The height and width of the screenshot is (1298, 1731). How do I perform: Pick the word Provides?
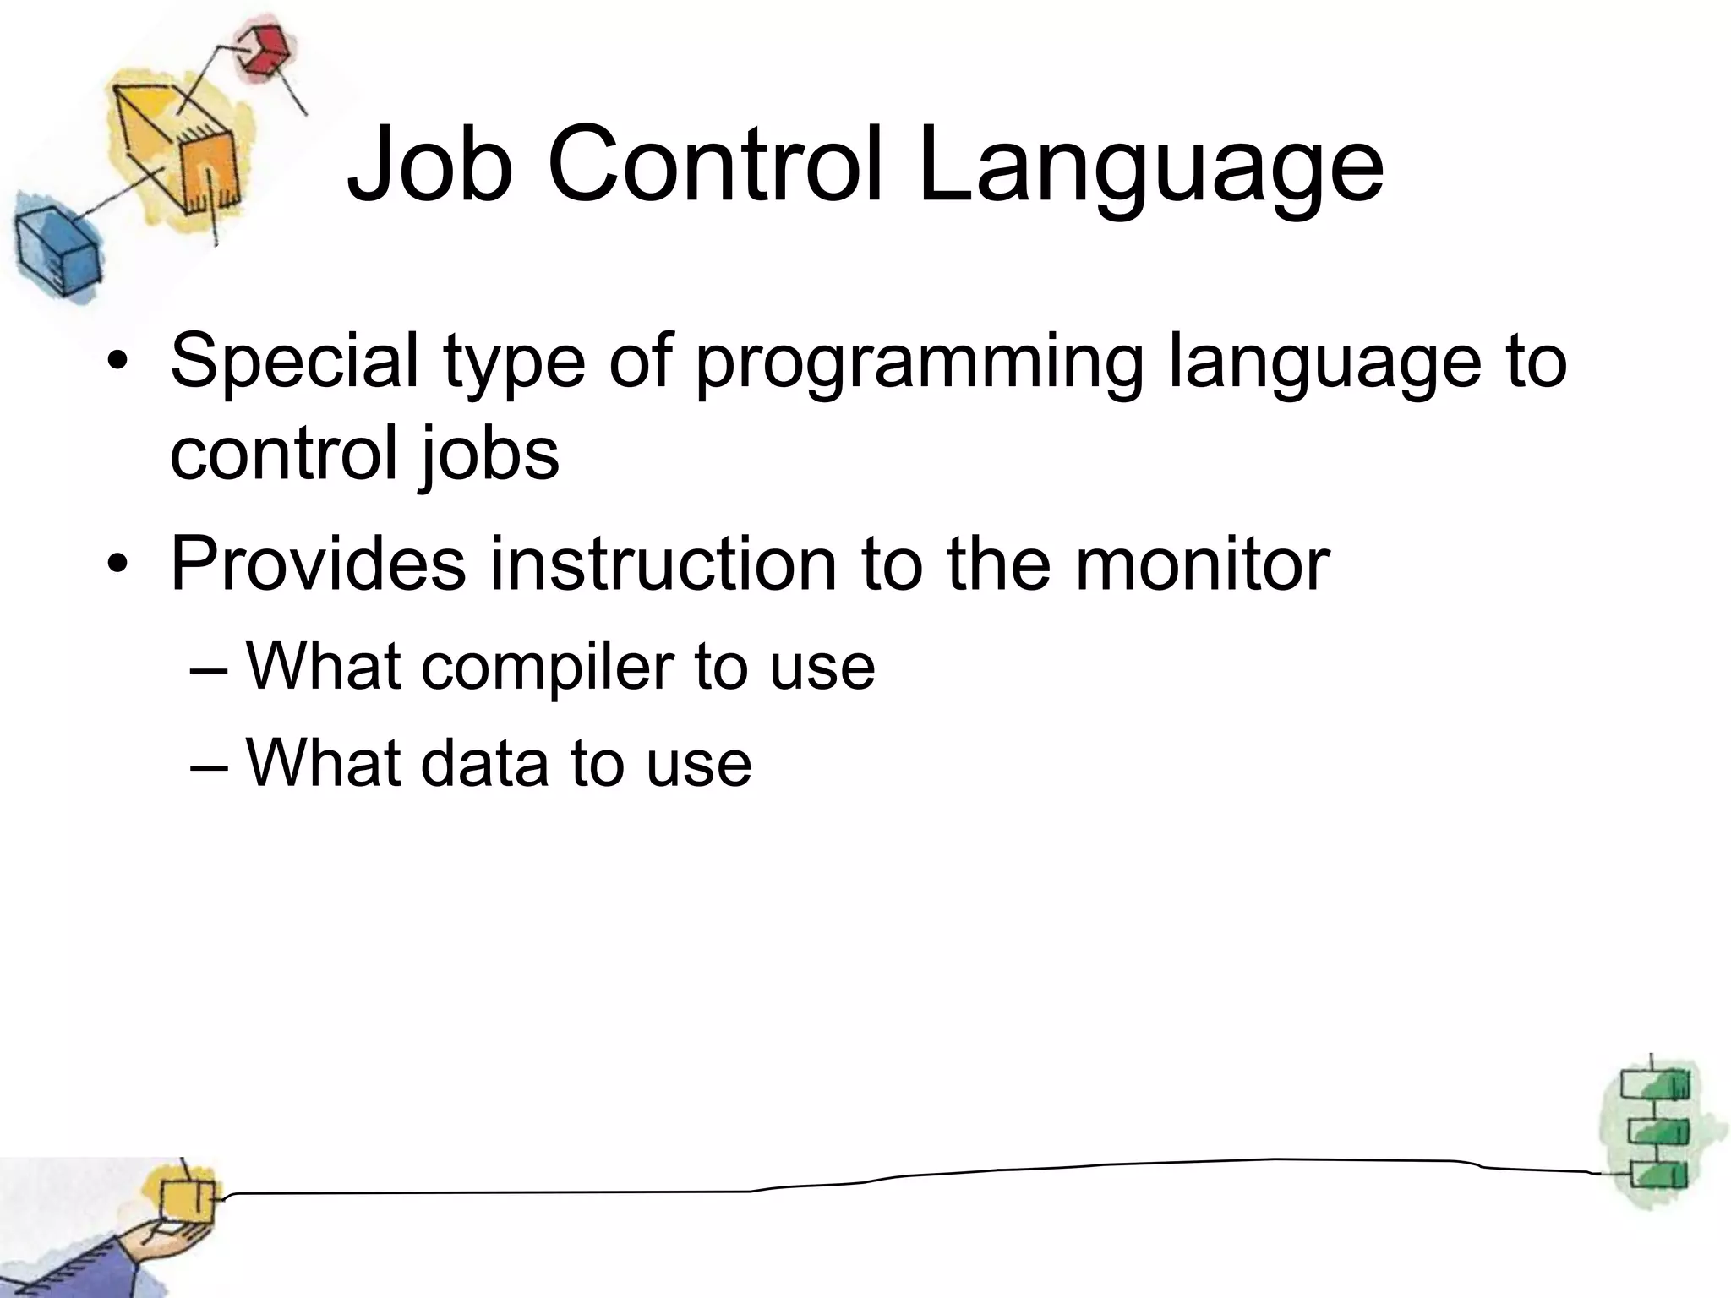(318, 564)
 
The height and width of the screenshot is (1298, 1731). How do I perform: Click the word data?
(482, 763)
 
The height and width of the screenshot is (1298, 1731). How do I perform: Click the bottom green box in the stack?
(1657, 1175)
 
